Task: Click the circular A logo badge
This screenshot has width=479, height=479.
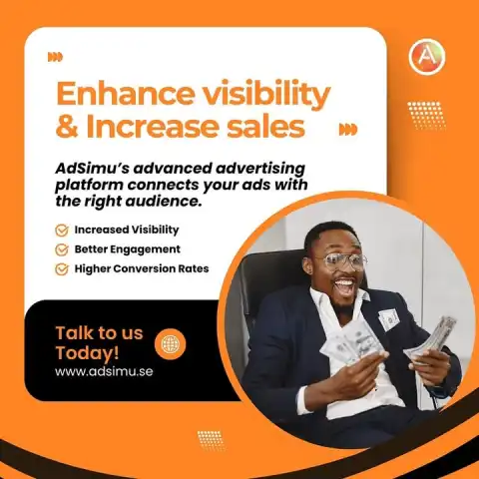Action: point(427,57)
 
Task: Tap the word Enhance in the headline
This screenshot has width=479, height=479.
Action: point(125,93)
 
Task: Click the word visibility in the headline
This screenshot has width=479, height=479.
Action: point(266,95)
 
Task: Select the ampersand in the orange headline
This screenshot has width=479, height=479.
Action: point(67,127)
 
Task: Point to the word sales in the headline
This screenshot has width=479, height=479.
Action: point(265,127)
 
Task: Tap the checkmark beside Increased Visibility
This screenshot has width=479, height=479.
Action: point(62,231)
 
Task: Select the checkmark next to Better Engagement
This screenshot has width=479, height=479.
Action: point(62,249)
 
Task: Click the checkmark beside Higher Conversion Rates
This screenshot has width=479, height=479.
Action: point(62,269)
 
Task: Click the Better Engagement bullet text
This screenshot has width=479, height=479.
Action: point(127,249)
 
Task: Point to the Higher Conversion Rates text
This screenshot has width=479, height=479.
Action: point(142,268)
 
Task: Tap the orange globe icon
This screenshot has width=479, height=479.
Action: point(171,344)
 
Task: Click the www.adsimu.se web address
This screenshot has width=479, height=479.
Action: point(104,371)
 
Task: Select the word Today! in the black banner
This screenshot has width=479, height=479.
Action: point(87,352)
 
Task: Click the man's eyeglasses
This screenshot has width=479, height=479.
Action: point(340,260)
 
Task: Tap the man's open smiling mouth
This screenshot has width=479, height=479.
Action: point(344,286)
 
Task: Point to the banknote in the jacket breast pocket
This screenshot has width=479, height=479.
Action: point(388,318)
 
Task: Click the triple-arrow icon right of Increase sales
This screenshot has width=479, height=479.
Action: point(348,130)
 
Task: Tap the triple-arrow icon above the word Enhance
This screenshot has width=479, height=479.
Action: point(55,57)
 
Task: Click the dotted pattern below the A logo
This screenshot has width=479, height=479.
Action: point(427,116)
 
